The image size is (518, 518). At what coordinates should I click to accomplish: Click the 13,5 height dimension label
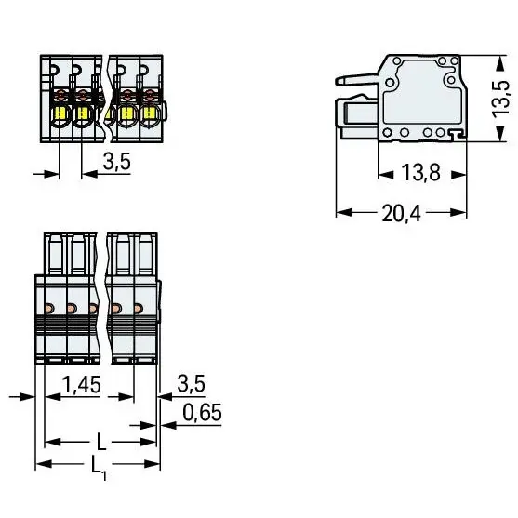[x=501, y=99]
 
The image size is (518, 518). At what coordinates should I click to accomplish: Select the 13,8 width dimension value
[x=421, y=172]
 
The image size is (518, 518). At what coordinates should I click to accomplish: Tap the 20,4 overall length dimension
[x=402, y=213]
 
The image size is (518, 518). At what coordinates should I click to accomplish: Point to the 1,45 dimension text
[x=81, y=384]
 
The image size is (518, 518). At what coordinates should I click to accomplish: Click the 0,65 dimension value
[x=202, y=412]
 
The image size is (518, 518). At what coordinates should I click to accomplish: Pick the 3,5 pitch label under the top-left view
[x=117, y=161]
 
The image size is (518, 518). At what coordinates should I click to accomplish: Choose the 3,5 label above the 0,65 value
[x=192, y=383]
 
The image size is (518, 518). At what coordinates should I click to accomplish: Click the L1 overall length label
[x=99, y=468]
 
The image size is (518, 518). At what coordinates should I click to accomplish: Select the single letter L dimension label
[x=101, y=442]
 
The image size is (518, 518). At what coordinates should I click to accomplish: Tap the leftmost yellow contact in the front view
[x=60, y=113]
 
